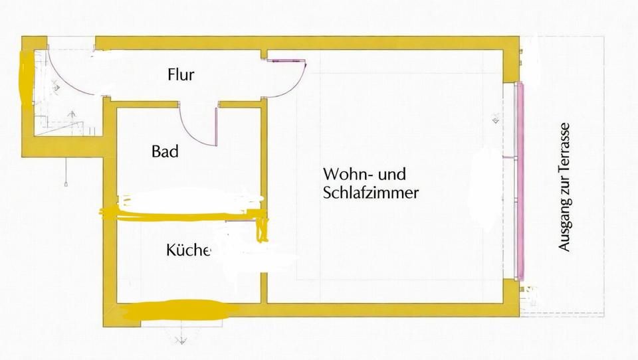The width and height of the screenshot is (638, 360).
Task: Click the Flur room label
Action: (x=181, y=75)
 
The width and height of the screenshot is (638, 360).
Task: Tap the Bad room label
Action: (x=165, y=151)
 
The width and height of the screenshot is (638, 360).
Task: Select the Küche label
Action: (x=188, y=249)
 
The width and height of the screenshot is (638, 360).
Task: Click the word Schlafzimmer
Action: (x=371, y=193)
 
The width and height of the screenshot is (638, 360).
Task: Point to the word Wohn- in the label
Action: (x=348, y=174)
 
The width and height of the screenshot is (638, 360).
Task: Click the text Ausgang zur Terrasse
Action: (x=564, y=187)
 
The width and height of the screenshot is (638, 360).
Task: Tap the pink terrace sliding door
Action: (x=520, y=181)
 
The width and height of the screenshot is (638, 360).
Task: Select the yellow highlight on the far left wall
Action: (x=26, y=77)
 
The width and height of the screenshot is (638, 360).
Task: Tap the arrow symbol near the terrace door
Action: (x=496, y=118)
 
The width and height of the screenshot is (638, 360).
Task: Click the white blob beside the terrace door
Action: (x=486, y=191)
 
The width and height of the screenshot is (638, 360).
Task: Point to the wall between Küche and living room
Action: (x=264, y=288)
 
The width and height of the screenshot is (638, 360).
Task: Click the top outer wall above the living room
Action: (x=307, y=43)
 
